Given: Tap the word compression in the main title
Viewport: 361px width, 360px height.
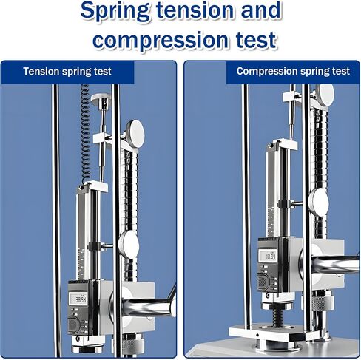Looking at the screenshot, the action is coord(161,41).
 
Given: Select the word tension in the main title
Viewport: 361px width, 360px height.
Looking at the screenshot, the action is coord(195,10).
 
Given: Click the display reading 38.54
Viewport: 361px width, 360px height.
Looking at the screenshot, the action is coord(79,299).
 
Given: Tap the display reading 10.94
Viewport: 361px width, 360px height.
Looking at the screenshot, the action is coord(268,256).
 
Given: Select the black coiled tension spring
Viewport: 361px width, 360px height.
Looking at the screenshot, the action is coord(85,132).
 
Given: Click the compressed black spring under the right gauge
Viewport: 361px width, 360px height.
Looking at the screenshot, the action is coord(278,317).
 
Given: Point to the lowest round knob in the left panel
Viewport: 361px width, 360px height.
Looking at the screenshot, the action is coord(128,245).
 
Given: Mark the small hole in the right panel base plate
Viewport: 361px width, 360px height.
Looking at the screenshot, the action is coord(257,335).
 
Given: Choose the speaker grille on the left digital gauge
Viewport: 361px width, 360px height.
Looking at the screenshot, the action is coord(75,325).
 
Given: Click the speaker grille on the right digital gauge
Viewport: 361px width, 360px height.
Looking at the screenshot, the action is coord(263,282).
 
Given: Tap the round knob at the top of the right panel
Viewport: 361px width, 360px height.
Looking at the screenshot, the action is coord(325,95).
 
